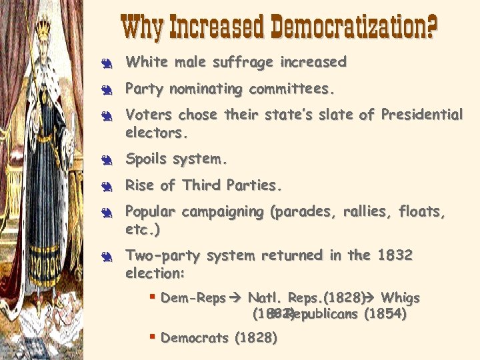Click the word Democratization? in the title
pyautogui.click(x=353, y=27)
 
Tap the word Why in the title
pyautogui.click(x=143, y=27)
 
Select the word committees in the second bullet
pyautogui.click(x=291, y=89)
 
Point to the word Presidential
pyautogui.click(x=421, y=115)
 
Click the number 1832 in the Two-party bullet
pyautogui.click(x=395, y=255)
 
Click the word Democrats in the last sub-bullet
pyautogui.click(x=195, y=338)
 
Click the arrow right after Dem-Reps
pyautogui.click(x=236, y=298)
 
